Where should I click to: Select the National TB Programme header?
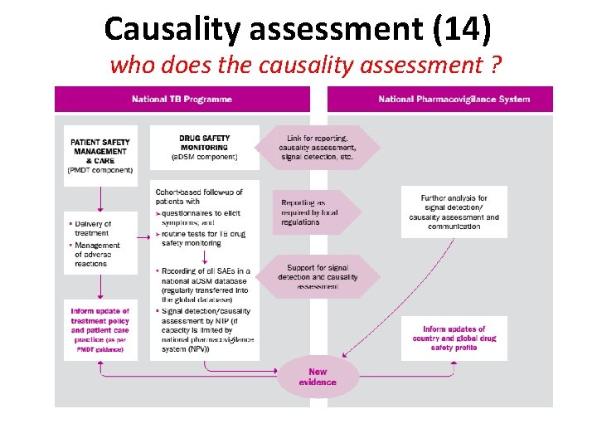[x=182, y=100]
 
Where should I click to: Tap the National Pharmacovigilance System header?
[x=454, y=100]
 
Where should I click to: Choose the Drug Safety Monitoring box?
[x=204, y=147]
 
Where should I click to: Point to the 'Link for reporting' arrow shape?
[x=317, y=147]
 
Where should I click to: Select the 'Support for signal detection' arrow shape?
[x=318, y=276]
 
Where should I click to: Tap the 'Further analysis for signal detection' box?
[x=454, y=212]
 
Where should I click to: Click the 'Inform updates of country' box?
[x=454, y=338]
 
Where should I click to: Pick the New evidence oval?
[x=318, y=377]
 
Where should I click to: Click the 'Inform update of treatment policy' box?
[x=99, y=330]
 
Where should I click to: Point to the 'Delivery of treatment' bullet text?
[x=93, y=228]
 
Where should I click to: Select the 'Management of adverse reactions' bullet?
[x=97, y=255]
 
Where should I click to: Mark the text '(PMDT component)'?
[x=99, y=171]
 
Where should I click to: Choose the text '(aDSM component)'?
[x=204, y=157]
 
